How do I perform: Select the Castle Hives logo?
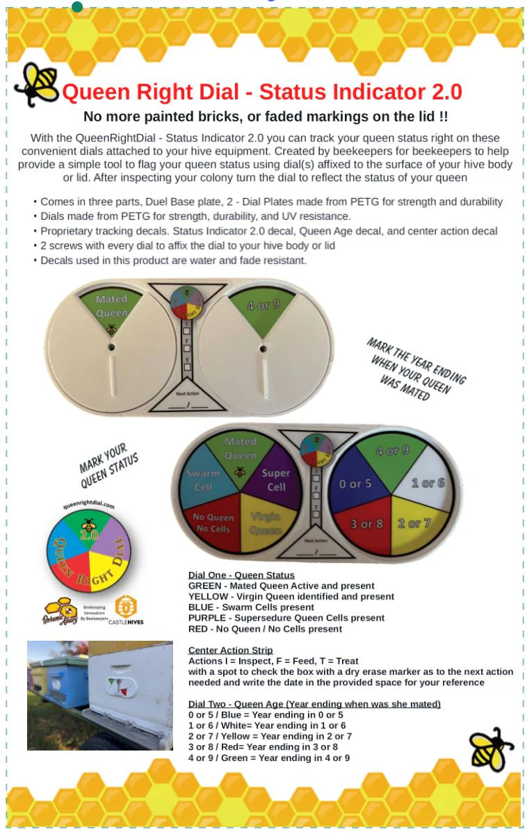coord(126,609)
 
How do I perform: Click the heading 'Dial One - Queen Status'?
coord(241,575)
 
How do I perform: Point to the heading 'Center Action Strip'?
coord(230,650)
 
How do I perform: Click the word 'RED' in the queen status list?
coord(199,629)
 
